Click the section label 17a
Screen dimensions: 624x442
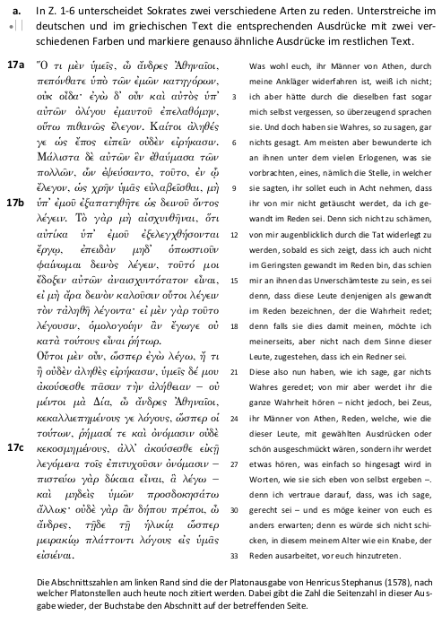pos(15,67)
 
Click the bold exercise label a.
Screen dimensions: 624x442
pos(14,11)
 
